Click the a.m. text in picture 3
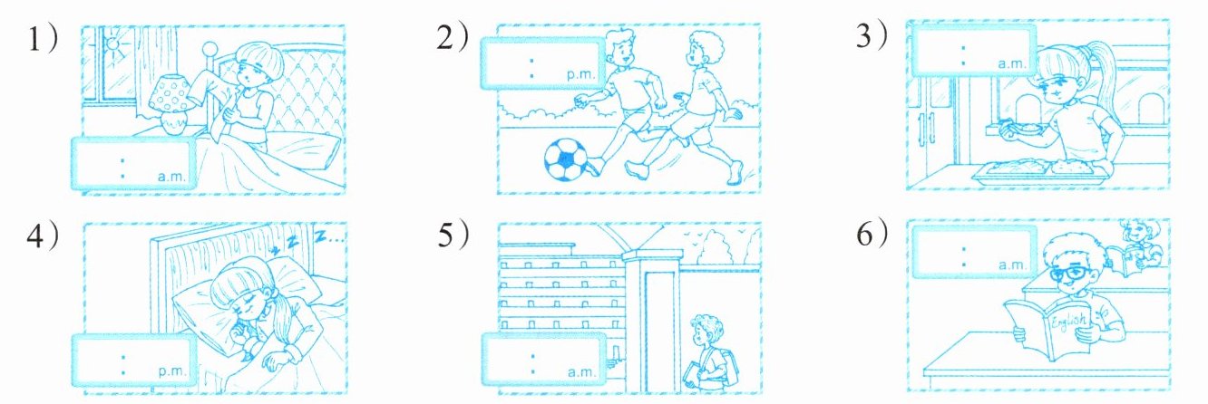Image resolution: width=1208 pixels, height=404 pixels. coord(1010,64)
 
